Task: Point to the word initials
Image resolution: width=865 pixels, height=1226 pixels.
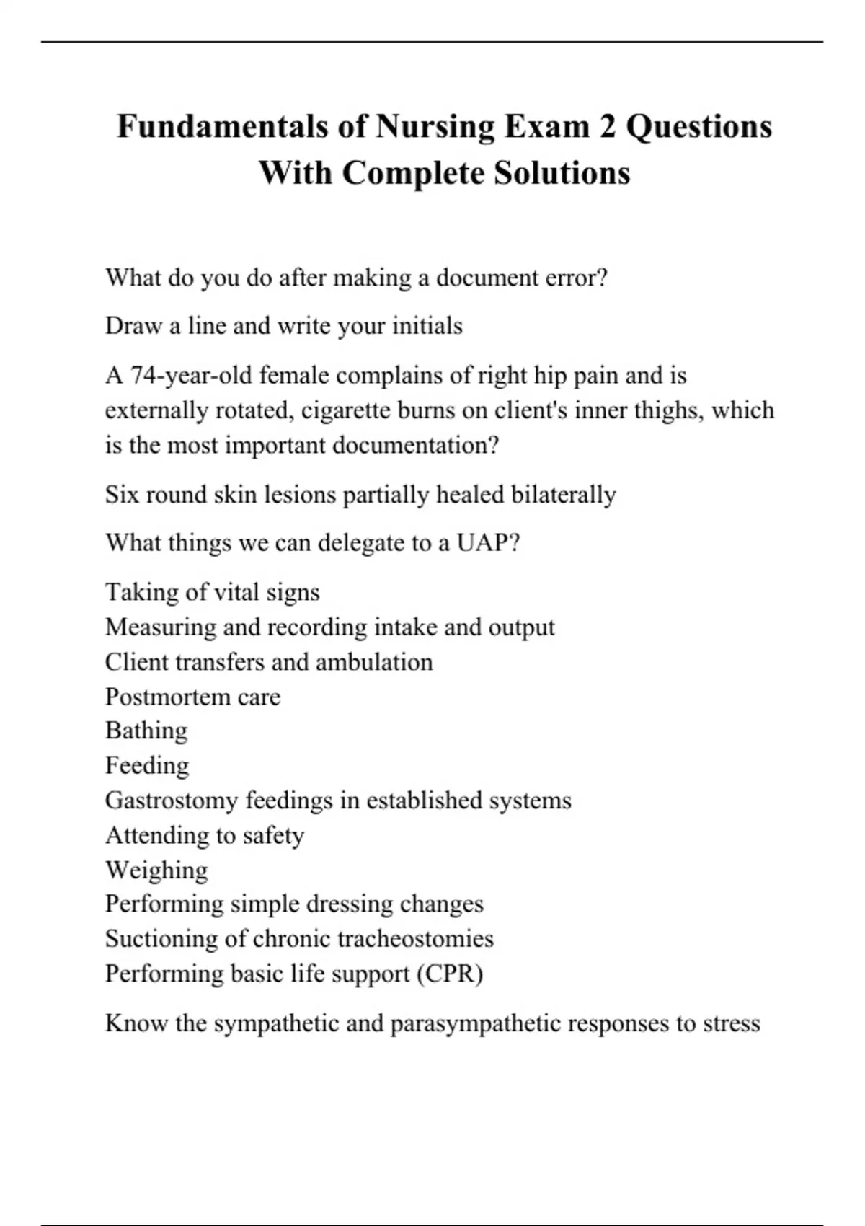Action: [x=427, y=326]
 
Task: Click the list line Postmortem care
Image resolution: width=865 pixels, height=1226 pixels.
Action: [x=192, y=697]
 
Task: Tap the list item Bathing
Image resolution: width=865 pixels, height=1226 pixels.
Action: [x=146, y=731]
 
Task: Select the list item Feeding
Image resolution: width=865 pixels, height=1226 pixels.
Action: [x=147, y=765]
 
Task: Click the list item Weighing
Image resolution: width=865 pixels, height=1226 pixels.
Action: [x=156, y=870]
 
